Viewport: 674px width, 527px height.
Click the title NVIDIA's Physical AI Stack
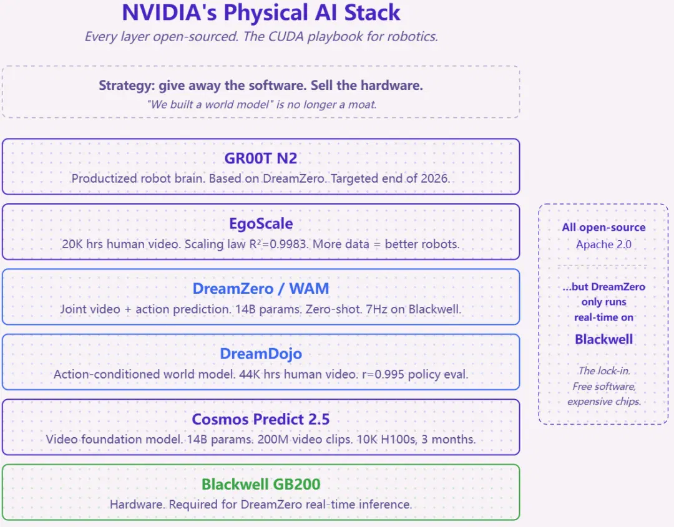(x=261, y=12)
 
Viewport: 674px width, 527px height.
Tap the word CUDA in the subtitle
(x=286, y=37)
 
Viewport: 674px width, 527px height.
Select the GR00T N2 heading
(x=260, y=158)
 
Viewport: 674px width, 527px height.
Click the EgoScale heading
(x=261, y=224)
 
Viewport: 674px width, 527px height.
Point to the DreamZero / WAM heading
(x=261, y=289)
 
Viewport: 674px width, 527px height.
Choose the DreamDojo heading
(x=261, y=354)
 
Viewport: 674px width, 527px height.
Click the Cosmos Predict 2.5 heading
(x=261, y=419)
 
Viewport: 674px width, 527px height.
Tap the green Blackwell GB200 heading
(x=261, y=484)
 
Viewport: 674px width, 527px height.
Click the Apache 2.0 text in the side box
(x=603, y=244)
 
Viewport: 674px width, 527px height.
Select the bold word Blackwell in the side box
(x=603, y=339)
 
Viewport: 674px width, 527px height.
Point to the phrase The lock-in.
(x=604, y=370)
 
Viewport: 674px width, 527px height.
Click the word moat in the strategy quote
(x=363, y=104)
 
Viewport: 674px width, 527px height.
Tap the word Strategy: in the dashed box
(x=127, y=85)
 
